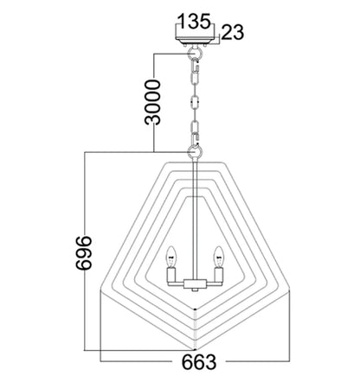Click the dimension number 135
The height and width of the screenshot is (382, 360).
[x=194, y=21]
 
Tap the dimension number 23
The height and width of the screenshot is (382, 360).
[x=233, y=32]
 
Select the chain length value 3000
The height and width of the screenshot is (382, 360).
[x=152, y=102]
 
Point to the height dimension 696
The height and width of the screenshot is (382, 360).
[x=84, y=252]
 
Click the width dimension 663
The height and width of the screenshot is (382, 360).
[x=199, y=362]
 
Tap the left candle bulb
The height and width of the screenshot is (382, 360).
[x=172, y=257]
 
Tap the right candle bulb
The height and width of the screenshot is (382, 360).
[x=218, y=257]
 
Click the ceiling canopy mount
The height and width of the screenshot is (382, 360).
[x=195, y=41]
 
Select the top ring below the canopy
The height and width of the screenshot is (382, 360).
[x=195, y=53]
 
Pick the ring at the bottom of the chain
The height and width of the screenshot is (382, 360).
[x=195, y=151]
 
